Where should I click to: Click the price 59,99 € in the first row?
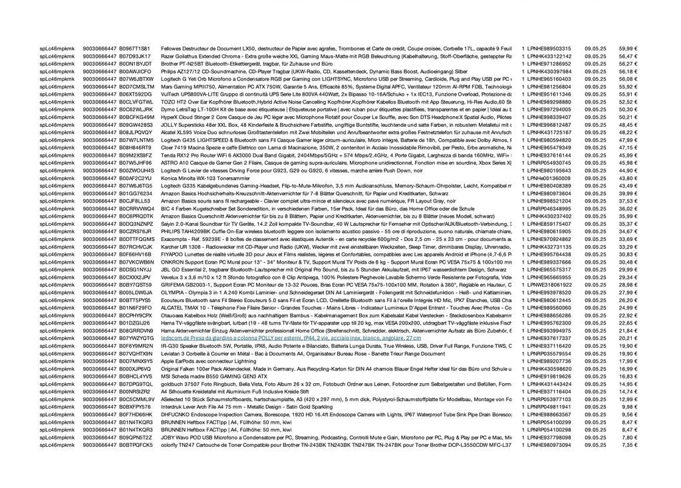[x=628, y=48]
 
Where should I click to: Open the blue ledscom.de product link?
[x=291, y=338]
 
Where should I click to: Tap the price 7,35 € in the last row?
[x=629, y=445]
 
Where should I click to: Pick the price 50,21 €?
[x=628, y=117]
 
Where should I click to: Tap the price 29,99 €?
[x=628, y=270]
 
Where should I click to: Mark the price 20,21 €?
[x=628, y=338]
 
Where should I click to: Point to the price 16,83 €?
[x=628, y=376]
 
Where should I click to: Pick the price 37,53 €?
[x=628, y=201]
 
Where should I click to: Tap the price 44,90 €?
[x=628, y=171]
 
